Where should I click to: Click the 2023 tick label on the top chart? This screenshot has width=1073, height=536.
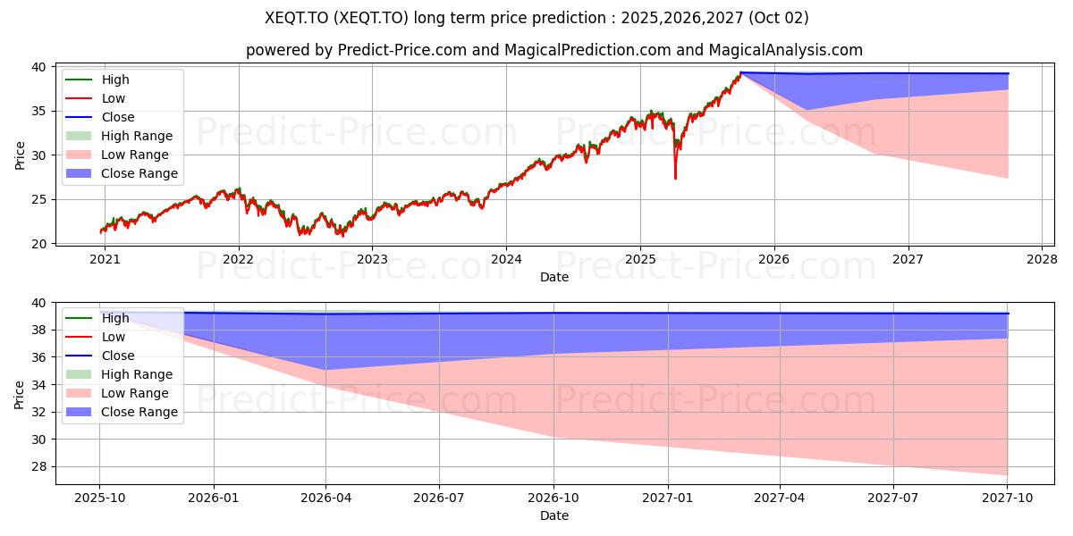[372, 260]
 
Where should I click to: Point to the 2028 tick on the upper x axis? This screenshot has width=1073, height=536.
[1042, 260]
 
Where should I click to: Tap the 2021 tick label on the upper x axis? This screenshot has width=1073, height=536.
[105, 260]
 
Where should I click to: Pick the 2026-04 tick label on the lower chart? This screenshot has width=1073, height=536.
[325, 498]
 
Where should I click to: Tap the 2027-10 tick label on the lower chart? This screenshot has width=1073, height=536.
[1008, 498]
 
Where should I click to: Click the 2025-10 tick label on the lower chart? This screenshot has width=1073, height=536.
[99, 498]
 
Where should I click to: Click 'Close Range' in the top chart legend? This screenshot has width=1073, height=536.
[139, 173]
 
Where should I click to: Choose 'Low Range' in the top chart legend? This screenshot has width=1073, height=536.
[134, 155]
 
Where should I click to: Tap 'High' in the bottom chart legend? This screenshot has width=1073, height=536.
[115, 318]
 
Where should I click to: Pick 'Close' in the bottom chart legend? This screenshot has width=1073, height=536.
[118, 356]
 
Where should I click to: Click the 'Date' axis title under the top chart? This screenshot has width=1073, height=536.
[554, 277]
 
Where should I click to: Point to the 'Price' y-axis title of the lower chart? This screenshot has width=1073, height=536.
[21, 393]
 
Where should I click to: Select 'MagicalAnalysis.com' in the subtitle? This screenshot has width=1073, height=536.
[786, 51]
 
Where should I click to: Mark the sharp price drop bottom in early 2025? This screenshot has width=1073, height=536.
[675, 178]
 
